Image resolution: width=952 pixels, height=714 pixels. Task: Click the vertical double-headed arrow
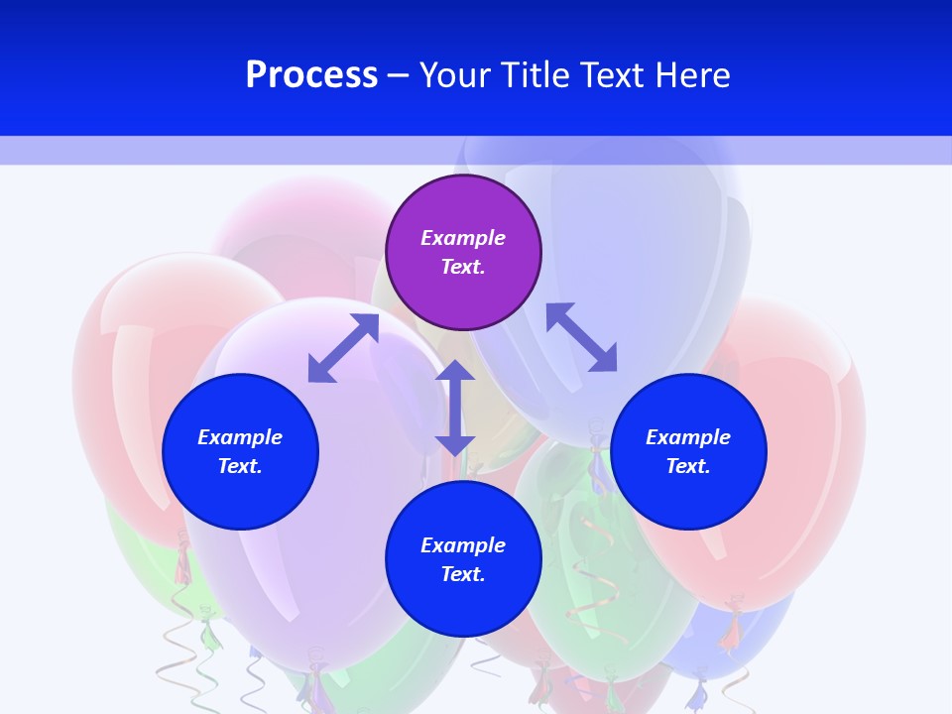(x=455, y=408)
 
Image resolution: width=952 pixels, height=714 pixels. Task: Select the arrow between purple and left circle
(x=343, y=348)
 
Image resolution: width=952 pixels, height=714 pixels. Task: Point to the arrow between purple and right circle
(x=581, y=338)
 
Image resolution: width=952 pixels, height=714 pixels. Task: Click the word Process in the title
(x=311, y=75)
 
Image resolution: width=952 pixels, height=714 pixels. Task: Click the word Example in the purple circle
(x=463, y=238)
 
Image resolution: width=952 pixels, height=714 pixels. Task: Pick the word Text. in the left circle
(x=240, y=466)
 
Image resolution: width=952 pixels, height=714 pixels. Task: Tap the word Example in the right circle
(x=688, y=437)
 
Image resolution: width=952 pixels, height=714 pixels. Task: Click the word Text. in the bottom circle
(x=463, y=574)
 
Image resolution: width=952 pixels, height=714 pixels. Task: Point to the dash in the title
(x=399, y=75)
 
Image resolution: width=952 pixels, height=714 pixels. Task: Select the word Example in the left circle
(x=240, y=437)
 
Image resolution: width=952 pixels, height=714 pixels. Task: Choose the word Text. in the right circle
(x=688, y=466)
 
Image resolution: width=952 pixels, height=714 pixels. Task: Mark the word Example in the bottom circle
(x=463, y=545)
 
